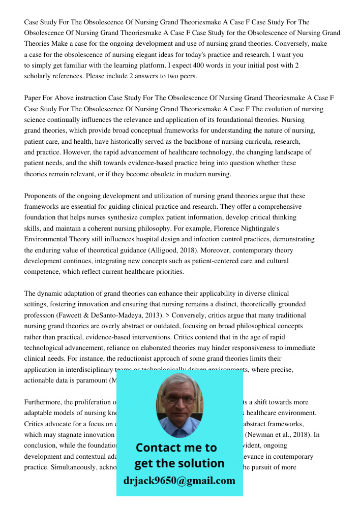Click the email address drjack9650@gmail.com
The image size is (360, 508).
coord(179,481)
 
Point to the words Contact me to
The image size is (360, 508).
coord(176,448)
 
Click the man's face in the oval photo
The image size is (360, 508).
coord(179,404)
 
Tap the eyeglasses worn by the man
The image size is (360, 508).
coord(179,399)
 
